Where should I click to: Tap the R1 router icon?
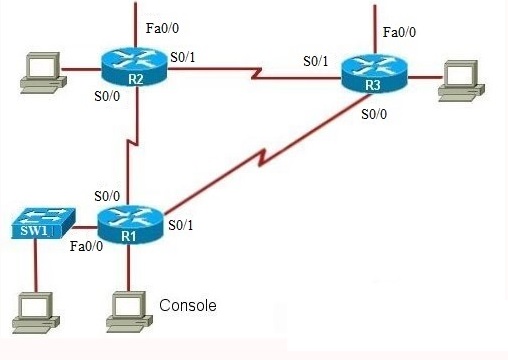pos(129,226)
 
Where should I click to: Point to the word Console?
pos(188,305)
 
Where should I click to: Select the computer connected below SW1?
pos(35,312)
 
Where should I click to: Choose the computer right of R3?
pos(460,79)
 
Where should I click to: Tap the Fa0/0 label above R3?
pos(401,33)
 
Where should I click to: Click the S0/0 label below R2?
pos(108,98)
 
